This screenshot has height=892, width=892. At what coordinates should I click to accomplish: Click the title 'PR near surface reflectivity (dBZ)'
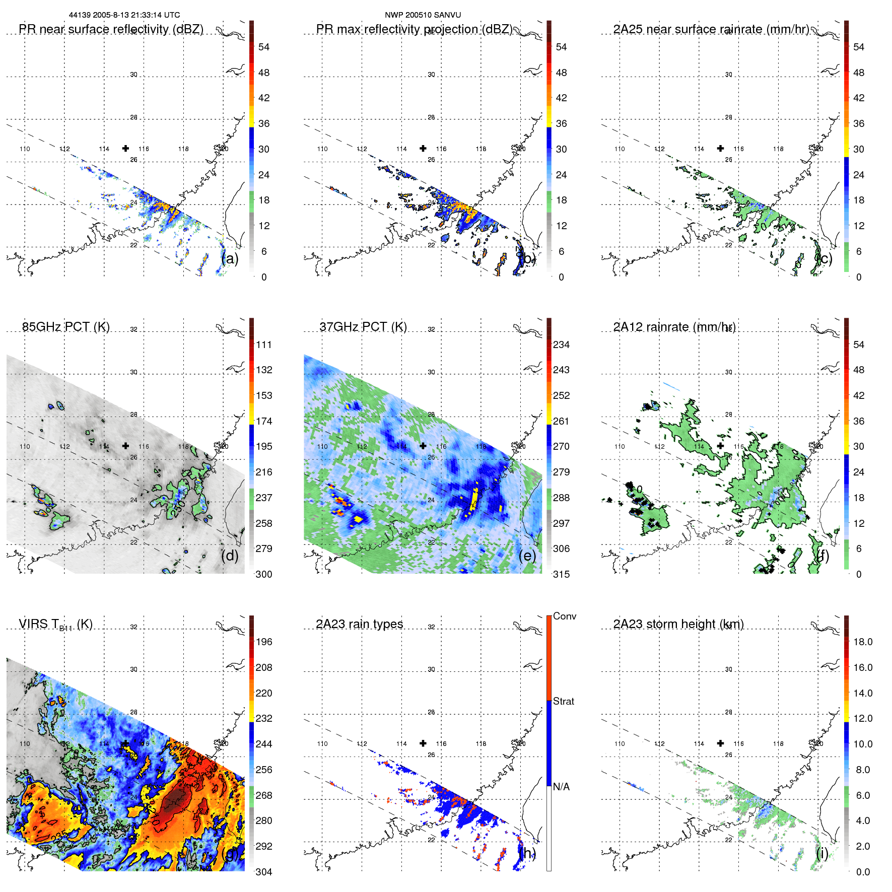111,29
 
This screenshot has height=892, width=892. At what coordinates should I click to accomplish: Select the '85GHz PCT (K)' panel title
66,327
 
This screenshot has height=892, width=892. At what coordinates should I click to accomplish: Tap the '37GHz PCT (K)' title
363,327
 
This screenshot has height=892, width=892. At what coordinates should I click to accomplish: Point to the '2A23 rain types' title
360,624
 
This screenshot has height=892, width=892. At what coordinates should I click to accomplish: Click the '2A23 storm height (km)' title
678,624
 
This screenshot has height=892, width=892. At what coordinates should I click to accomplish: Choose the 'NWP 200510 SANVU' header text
423,15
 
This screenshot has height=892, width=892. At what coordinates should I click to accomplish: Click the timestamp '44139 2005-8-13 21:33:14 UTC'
124,15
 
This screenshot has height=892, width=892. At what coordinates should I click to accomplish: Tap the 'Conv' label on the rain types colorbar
565,616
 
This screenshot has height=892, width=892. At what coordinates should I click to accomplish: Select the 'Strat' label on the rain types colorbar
564,701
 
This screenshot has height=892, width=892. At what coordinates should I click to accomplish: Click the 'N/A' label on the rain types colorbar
561,787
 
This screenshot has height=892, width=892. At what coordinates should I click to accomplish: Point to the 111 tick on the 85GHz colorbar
264,345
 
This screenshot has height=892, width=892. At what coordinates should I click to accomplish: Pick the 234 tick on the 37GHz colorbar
561,345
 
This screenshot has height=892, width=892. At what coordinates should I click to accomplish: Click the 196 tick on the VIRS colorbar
264,642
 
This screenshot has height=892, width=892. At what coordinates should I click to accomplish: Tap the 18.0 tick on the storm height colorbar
863,642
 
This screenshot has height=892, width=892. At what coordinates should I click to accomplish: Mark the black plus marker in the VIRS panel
125,743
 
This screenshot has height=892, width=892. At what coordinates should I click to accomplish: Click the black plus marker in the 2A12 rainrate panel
721,446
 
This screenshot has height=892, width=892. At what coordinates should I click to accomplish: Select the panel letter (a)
230,259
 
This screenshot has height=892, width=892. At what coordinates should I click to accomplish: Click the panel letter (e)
527,556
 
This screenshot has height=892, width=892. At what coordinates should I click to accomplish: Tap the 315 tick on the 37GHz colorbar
561,574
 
